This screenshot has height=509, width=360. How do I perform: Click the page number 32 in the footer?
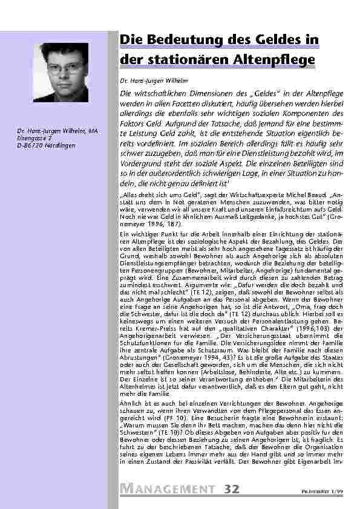232,488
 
